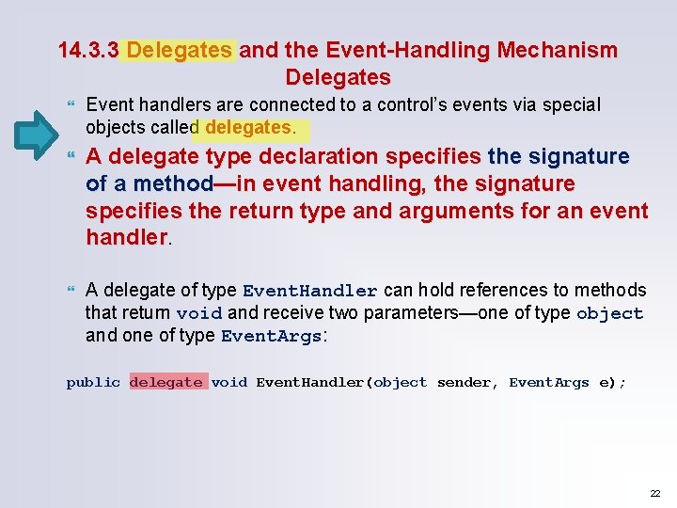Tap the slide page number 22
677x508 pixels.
[655, 493]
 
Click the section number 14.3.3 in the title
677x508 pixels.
[88, 50]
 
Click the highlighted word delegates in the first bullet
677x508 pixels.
[248, 126]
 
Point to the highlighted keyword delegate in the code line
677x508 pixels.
[166, 382]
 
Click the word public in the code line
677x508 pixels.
[93, 382]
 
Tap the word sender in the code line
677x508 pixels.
[464, 382]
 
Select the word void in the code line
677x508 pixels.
[228, 382]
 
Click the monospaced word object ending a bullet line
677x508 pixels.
[609, 313]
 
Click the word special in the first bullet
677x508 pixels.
[570, 104]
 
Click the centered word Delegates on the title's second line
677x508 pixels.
[338, 76]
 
